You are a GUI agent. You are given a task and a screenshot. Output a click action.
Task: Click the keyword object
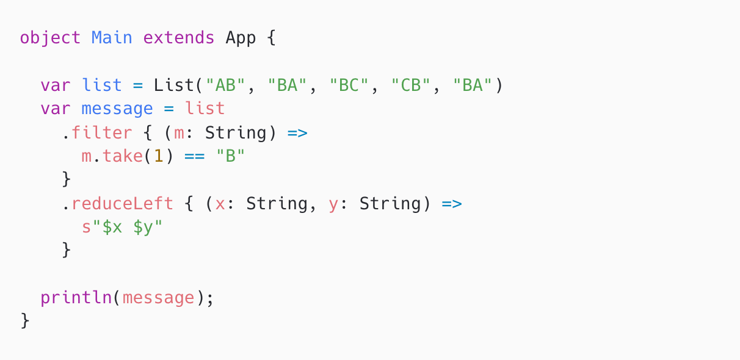[50, 38]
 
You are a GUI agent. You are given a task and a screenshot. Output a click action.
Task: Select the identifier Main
[112, 38]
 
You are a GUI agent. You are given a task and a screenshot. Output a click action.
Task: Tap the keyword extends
[179, 38]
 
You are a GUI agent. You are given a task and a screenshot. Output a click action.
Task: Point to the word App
[241, 38]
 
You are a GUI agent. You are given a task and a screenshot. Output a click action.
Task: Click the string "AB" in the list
[225, 85]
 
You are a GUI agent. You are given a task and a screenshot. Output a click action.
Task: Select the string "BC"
[349, 85]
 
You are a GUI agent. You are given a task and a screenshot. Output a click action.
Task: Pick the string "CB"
[411, 85]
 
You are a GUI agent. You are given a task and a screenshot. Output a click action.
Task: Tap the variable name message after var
[117, 109]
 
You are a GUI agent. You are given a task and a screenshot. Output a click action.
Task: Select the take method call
[122, 156]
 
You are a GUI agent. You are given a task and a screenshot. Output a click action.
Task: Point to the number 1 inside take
[158, 156]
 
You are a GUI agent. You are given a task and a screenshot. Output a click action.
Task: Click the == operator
[194, 156]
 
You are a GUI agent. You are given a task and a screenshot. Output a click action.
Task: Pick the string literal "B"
[230, 156]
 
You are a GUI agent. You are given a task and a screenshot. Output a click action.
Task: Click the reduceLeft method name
[122, 203]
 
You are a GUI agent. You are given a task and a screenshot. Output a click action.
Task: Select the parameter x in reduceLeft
[220, 203]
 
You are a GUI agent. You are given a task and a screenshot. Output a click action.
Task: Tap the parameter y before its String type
[333, 203]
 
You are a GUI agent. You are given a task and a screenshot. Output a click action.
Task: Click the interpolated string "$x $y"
[128, 227]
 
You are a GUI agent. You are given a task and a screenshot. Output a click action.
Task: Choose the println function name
[76, 298]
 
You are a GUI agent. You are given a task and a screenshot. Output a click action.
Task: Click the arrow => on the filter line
[297, 132]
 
